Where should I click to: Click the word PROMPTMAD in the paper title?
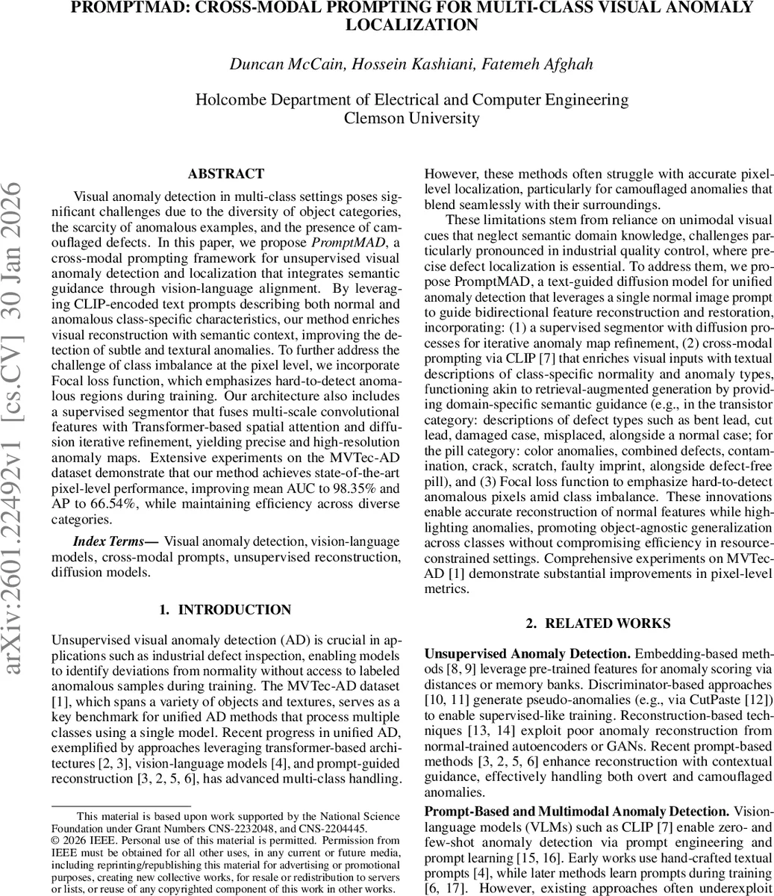139,7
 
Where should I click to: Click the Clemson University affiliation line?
411,118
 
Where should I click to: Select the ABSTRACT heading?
225,174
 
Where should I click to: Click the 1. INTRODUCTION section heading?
225,610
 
